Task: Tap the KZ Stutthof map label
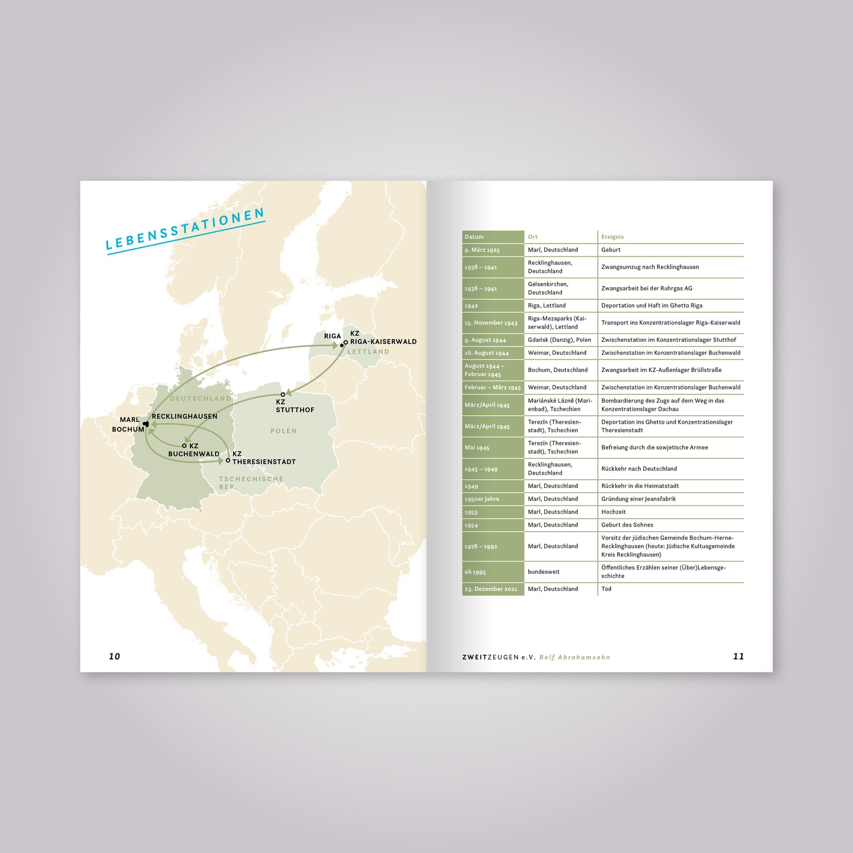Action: click(295, 406)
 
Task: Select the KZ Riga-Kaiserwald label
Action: click(383, 338)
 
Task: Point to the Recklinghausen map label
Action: click(184, 416)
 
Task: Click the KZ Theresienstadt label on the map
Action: click(263, 458)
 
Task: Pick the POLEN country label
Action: click(283, 431)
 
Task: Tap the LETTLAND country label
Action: click(368, 352)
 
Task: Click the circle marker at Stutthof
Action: click(283, 395)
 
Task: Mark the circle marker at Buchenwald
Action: click(184, 446)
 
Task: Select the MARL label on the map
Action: click(130, 420)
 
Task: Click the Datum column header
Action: click(474, 237)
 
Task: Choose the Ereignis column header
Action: click(612, 237)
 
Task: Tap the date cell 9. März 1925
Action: click(482, 250)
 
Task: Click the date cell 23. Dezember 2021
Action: click(491, 589)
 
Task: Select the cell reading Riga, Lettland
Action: click(546, 305)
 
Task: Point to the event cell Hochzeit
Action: click(614, 512)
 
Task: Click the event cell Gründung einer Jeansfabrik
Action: click(639, 499)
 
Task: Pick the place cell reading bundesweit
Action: click(544, 572)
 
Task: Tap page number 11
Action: click(738, 657)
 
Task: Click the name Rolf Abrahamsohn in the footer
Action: click(574, 657)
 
